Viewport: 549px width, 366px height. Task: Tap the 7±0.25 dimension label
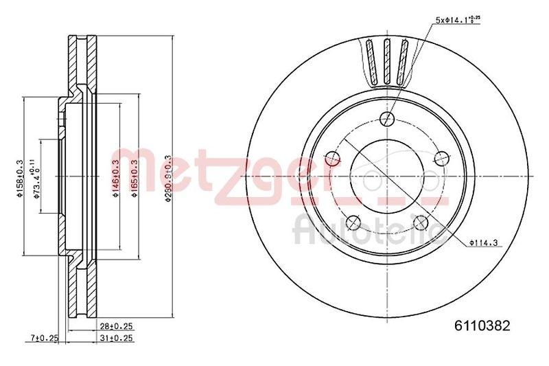[x=45, y=338]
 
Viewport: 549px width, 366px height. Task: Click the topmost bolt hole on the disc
[x=388, y=117]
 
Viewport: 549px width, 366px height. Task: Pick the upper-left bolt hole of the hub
[x=333, y=159]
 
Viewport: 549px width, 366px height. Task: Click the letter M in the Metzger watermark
[x=131, y=168]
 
